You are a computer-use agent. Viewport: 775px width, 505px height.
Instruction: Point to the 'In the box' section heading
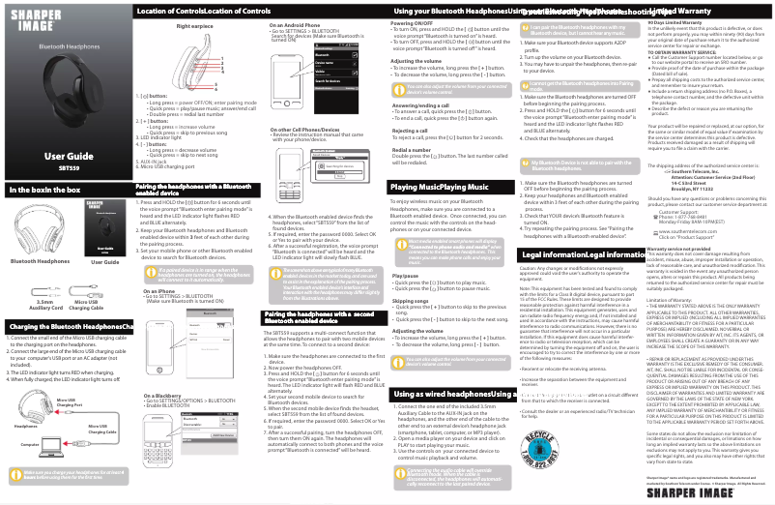pos(44,190)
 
